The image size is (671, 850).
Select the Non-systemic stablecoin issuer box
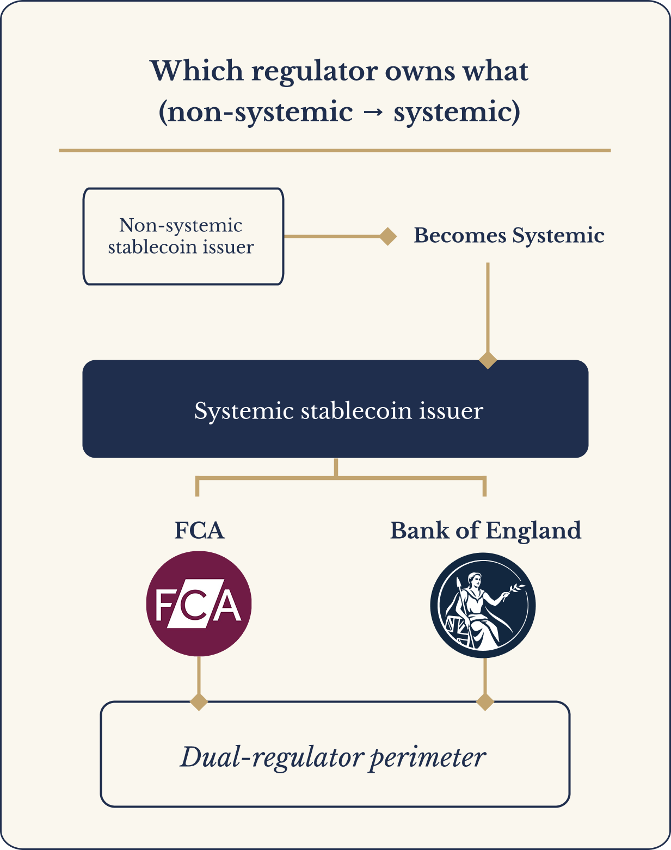click(x=183, y=236)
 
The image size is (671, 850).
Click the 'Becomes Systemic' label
click(x=509, y=236)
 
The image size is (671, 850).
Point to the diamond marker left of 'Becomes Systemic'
click(x=387, y=236)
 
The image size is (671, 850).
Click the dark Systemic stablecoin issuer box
click(x=335, y=409)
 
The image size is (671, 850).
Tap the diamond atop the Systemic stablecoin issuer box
click(x=488, y=360)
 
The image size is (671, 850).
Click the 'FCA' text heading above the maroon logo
click(x=199, y=531)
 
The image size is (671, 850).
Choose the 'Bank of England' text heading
click(x=485, y=531)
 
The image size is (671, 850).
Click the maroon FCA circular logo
click(x=199, y=604)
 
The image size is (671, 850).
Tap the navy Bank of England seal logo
click(x=483, y=605)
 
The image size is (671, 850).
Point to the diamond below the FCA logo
click(x=199, y=701)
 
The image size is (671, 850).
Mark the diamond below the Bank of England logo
click(x=485, y=701)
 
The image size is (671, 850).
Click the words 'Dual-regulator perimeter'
click(x=333, y=757)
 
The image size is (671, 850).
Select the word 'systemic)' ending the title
click(x=457, y=113)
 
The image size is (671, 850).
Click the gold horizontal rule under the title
click(x=335, y=150)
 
